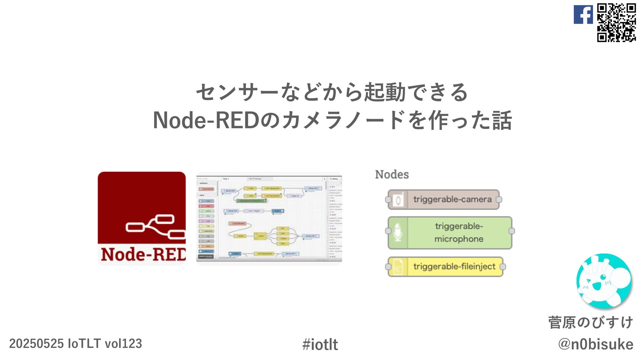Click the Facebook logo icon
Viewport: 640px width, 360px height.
(583, 15)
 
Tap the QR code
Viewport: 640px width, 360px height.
(616, 22)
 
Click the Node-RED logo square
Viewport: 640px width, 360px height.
(142, 218)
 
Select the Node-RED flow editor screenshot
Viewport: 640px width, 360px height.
(269, 218)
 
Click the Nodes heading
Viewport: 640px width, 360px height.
(392, 174)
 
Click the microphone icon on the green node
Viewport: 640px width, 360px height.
(398, 232)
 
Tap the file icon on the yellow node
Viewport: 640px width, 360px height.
(398, 267)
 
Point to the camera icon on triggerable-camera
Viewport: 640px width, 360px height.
(398, 200)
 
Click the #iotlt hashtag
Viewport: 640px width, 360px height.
(320, 344)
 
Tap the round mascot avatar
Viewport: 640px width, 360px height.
(604, 281)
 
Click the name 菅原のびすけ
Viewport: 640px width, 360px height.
(591, 322)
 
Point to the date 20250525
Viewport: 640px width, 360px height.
(36, 344)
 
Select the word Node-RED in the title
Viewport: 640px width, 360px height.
(206, 120)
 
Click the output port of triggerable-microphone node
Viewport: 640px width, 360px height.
(512, 231)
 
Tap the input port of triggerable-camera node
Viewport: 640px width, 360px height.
(388, 200)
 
